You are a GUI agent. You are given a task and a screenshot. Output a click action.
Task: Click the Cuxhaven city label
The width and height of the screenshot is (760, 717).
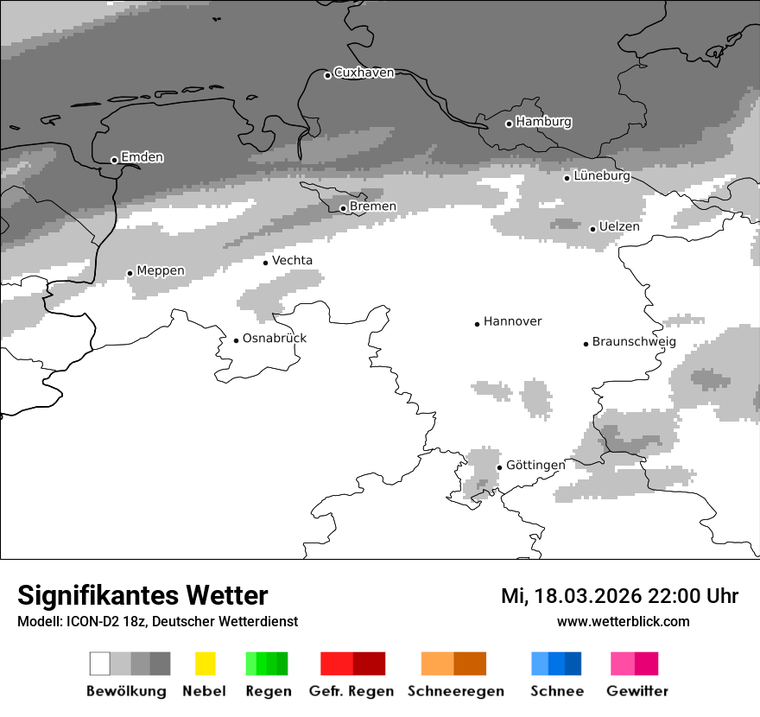coord(364,73)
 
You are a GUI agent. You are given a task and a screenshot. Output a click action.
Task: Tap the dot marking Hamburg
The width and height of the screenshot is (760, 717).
coord(509,124)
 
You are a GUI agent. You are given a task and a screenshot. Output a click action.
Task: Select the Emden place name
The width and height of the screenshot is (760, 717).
coord(142,157)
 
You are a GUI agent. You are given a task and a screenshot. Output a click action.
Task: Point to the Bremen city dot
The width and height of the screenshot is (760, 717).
coord(343,208)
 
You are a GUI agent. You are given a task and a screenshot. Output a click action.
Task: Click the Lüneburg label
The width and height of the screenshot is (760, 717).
coord(602,176)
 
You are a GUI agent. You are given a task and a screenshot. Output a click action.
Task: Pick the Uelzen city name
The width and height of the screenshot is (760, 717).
coord(619,226)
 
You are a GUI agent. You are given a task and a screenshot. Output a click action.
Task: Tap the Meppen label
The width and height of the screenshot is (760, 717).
coord(161,270)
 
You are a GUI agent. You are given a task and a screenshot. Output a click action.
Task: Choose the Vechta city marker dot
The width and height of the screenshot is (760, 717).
coord(265,263)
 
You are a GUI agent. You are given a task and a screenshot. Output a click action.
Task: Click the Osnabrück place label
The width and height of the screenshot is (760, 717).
coord(275,338)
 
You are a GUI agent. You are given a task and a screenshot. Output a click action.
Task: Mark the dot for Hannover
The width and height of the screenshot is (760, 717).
coord(477,324)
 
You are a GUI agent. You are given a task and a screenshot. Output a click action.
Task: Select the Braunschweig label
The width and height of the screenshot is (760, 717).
coord(634,341)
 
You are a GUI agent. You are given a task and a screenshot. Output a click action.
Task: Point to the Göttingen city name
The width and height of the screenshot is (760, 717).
coord(535,465)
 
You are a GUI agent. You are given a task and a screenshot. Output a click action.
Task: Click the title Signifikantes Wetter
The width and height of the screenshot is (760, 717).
coord(142,595)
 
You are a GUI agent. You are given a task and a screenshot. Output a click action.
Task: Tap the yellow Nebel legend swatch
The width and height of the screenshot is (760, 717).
coord(205,663)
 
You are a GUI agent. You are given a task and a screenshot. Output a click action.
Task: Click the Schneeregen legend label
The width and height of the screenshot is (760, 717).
coord(455,691)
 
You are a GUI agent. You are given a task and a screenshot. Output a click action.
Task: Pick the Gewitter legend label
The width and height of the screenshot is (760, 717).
coord(636,691)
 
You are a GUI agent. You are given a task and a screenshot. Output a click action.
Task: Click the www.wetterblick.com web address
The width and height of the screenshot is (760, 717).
coord(623,621)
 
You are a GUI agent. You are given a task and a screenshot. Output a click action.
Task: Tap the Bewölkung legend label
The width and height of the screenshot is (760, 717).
coord(126,691)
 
